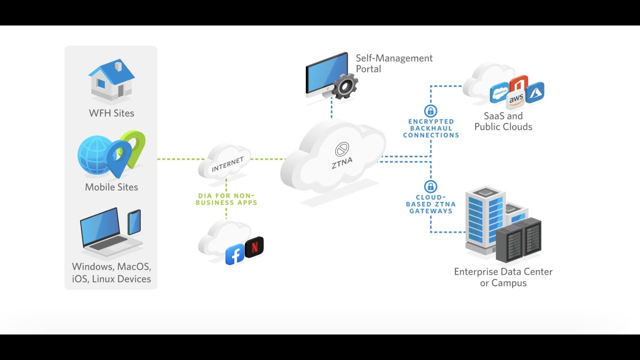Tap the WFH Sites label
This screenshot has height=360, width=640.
tap(111, 113)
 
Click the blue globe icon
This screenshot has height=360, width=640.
tap(94, 155)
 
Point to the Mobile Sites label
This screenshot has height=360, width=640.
tap(111, 187)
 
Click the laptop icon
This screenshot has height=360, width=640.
tap(107, 233)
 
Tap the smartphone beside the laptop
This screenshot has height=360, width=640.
tap(134, 222)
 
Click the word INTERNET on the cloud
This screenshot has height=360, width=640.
tap(227, 164)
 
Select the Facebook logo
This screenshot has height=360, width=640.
tap(234, 254)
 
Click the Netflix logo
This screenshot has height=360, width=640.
tap(254, 247)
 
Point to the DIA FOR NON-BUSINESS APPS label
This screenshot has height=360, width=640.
tap(226, 199)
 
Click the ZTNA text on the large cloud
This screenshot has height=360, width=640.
tap(342, 163)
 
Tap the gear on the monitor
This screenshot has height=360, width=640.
tap(345, 86)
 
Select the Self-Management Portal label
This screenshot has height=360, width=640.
tap(394, 63)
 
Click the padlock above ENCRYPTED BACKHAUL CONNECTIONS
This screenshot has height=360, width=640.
tap(430, 111)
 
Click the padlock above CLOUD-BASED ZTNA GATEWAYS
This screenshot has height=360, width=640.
tap(430, 186)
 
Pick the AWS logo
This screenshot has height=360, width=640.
tap(516, 99)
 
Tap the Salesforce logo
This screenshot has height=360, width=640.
tap(499, 92)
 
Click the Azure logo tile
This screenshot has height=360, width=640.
tap(534, 92)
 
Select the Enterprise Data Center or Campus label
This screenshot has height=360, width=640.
tap(503, 277)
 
